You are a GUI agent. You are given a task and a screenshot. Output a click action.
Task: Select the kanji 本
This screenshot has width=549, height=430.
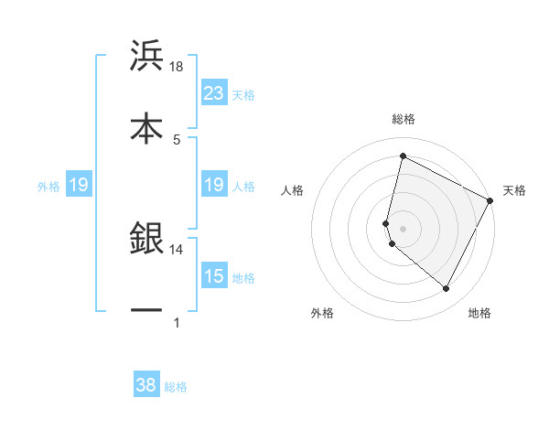tap(146, 125)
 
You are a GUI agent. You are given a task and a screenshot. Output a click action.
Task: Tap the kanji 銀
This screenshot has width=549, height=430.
tap(146, 238)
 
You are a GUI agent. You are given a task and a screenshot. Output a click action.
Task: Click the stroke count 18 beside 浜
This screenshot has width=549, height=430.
tap(177, 67)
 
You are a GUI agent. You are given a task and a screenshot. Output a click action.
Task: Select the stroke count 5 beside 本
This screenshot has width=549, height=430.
tap(177, 139)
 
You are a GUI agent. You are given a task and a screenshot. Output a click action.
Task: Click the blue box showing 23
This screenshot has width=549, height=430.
tap(214, 92)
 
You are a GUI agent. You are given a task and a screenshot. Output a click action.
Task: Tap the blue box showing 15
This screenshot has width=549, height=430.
tap(214, 275)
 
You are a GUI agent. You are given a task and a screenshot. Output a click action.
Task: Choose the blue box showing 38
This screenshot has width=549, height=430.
tap(146, 385)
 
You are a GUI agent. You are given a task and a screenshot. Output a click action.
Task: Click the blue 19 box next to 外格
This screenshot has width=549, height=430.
tap(78, 185)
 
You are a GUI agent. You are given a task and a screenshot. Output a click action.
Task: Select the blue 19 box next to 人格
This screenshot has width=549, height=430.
tap(214, 185)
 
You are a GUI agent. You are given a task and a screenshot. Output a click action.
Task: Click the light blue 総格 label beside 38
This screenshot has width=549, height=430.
tap(176, 387)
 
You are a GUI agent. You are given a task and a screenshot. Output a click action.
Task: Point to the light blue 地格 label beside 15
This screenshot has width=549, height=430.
tap(243, 277)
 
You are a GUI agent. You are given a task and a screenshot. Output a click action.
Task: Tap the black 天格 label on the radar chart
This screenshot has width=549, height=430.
tap(514, 190)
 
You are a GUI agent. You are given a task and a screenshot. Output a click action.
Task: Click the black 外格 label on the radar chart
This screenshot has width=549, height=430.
tap(322, 313)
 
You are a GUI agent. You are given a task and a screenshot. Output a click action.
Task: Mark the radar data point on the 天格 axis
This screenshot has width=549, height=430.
tap(490, 200)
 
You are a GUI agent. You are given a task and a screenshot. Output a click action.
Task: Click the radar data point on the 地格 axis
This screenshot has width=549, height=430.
tap(446, 289)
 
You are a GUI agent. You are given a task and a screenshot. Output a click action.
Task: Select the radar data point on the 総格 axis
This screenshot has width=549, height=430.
tap(403, 156)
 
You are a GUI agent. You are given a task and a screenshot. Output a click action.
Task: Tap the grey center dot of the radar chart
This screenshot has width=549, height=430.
tap(403, 228)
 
